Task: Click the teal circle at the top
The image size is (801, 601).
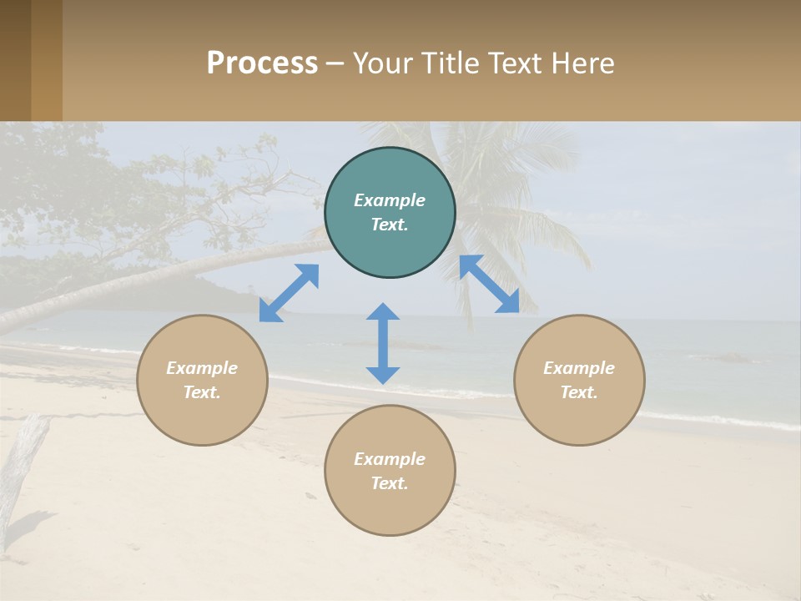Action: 390,212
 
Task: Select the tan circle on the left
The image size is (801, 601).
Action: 202,380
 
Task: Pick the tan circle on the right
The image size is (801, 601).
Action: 579,380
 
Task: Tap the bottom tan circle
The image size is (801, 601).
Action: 390,471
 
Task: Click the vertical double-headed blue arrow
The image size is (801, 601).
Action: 383,343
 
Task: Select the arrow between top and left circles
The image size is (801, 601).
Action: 289,293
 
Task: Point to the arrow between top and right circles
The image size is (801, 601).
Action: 489,284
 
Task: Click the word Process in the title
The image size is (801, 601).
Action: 262,63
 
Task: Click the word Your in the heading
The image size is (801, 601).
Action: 383,63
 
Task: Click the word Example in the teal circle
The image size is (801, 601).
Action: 390,200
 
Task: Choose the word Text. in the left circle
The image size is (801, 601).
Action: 202,392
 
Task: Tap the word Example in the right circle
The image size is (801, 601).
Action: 579,368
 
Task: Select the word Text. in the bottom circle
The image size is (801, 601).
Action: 390,483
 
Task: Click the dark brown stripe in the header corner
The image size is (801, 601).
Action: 15,60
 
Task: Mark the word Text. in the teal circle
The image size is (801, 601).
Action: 390,225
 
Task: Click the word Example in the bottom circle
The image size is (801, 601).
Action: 390,459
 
